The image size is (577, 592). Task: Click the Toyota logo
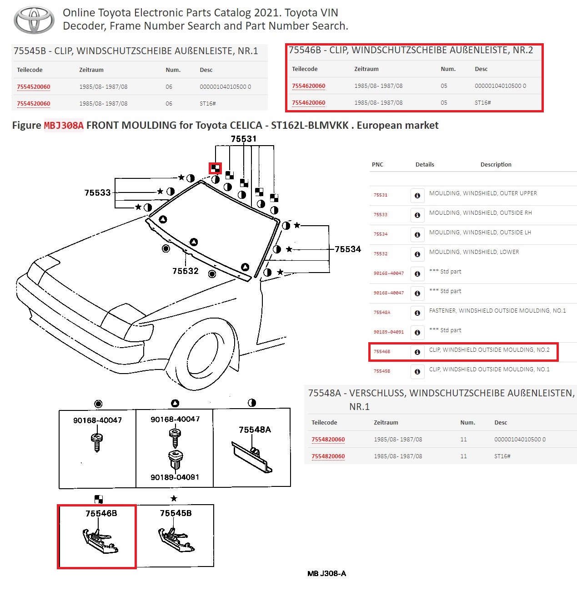pyautogui.click(x=34, y=20)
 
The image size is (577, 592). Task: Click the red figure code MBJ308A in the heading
pyautogui.click(x=64, y=126)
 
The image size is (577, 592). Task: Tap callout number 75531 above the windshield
pyautogui.click(x=243, y=139)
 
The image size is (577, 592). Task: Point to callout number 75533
pyautogui.click(x=97, y=193)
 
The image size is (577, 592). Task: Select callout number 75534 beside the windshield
pyautogui.click(x=348, y=249)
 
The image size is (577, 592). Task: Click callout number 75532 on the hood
pyautogui.click(x=186, y=271)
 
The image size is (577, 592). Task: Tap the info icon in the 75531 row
pyautogui.click(x=417, y=195)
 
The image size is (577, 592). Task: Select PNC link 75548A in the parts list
pyautogui.click(x=382, y=313)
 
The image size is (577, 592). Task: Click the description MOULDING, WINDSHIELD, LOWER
pyautogui.click(x=474, y=252)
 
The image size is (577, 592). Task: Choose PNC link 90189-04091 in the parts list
pyautogui.click(x=389, y=332)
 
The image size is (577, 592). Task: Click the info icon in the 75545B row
pyautogui.click(x=417, y=371)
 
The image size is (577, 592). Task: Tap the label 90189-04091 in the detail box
pyautogui.click(x=175, y=477)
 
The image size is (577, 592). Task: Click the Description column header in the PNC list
pyautogui.click(x=496, y=165)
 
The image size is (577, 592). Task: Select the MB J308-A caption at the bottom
pyautogui.click(x=326, y=574)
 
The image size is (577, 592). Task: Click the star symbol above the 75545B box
pyautogui.click(x=174, y=499)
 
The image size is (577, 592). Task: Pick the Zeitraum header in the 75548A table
pyautogui.click(x=386, y=423)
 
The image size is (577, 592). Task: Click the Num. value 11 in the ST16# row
pyautogui.click(x=463, y=456)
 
